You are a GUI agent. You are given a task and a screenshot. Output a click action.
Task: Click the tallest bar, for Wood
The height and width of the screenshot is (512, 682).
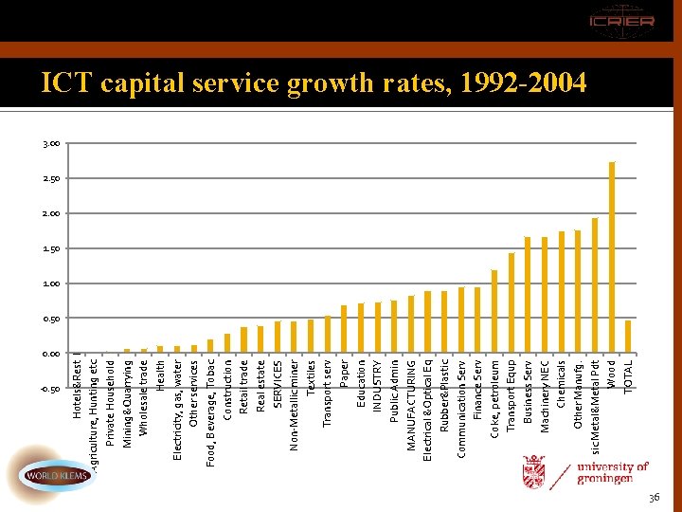point(612,258)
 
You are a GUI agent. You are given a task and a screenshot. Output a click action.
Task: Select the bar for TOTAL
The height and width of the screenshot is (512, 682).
point(628,337)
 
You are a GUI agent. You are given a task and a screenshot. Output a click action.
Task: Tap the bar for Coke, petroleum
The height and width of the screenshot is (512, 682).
point(494,312)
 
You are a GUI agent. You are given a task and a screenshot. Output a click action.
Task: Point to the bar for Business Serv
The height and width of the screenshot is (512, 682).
point(528,295)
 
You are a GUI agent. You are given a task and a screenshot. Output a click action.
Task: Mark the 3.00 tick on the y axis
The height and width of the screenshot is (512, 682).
point(50,144)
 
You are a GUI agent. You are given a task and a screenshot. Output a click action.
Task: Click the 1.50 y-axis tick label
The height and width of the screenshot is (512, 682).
point(50,248)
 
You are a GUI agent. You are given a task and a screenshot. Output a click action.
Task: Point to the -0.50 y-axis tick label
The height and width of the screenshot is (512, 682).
point(49,389)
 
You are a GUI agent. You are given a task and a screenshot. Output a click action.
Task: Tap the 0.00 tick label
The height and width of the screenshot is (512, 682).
point(50,354)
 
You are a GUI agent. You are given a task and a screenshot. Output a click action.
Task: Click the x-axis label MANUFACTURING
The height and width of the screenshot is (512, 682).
point(411,404)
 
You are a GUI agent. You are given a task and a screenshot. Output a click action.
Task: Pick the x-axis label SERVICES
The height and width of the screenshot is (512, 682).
point(278,384)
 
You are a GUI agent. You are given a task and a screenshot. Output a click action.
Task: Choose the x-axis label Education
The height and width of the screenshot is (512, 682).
point(361,383)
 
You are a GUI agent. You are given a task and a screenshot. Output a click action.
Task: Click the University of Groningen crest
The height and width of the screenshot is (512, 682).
point(534,471)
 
